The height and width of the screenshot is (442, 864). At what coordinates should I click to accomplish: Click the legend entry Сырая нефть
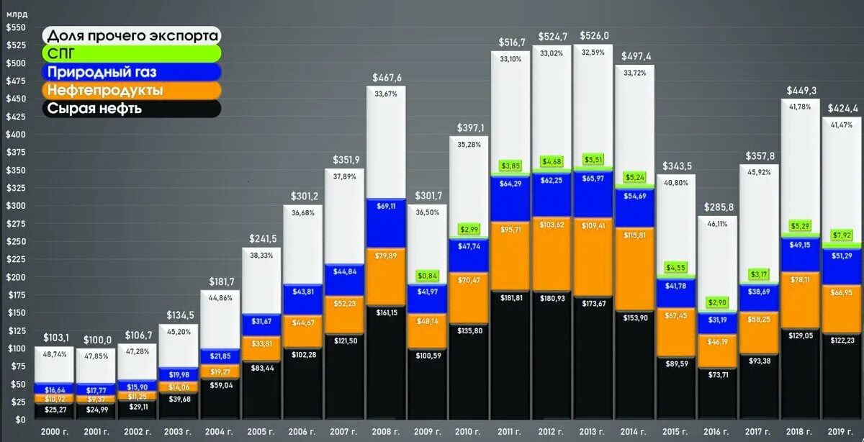click(94, 109)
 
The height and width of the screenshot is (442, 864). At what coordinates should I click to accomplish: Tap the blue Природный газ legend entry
click(101, 72)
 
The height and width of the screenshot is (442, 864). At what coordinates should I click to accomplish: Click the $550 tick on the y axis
click(15, 27)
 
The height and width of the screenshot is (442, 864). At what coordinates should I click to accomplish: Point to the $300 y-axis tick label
click(15, 206)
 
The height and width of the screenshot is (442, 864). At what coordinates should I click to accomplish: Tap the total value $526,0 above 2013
click(594, 36)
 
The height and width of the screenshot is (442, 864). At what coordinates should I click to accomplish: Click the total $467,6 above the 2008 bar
click(387, 77)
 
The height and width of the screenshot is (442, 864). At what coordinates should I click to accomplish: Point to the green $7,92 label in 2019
click(842, 235)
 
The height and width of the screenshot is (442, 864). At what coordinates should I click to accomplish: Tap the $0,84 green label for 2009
click(428, 275)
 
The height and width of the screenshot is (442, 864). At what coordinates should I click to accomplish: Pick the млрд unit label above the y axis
click(16, 13)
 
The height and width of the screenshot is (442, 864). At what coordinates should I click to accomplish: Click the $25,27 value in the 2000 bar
click(55, 410)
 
